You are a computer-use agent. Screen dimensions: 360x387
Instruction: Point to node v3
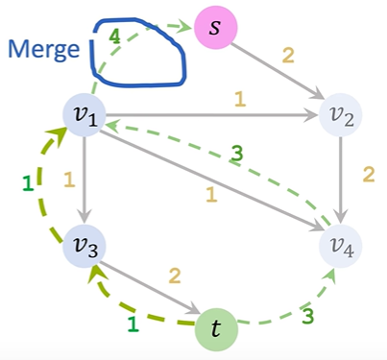pyautogui.click(x=85, y=246)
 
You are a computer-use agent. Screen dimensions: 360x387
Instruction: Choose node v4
pyautogui.click(x=343, y=247)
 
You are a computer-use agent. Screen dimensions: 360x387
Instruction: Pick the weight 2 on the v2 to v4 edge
pyautogui.click(x=366, y=177)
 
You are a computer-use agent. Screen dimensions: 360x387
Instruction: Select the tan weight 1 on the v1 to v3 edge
pyautogui.click(x=68, y=179)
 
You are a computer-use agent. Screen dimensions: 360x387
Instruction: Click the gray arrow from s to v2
pyautogui.click(x=278, y=68)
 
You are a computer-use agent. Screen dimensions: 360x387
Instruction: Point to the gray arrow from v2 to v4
pyautogui.click(x=343, y=181)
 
